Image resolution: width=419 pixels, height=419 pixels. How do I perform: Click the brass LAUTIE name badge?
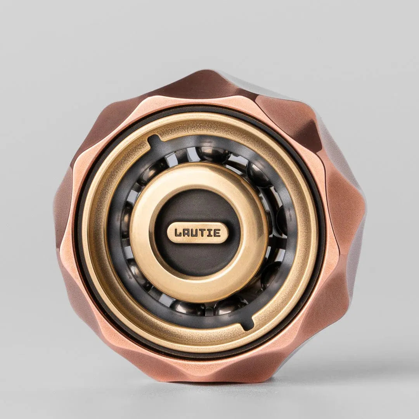click(x=197, y=233)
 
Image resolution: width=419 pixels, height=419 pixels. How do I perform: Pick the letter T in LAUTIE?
click(x=203, y=233)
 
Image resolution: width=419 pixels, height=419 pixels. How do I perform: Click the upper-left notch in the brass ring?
click(x=154, y=140)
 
